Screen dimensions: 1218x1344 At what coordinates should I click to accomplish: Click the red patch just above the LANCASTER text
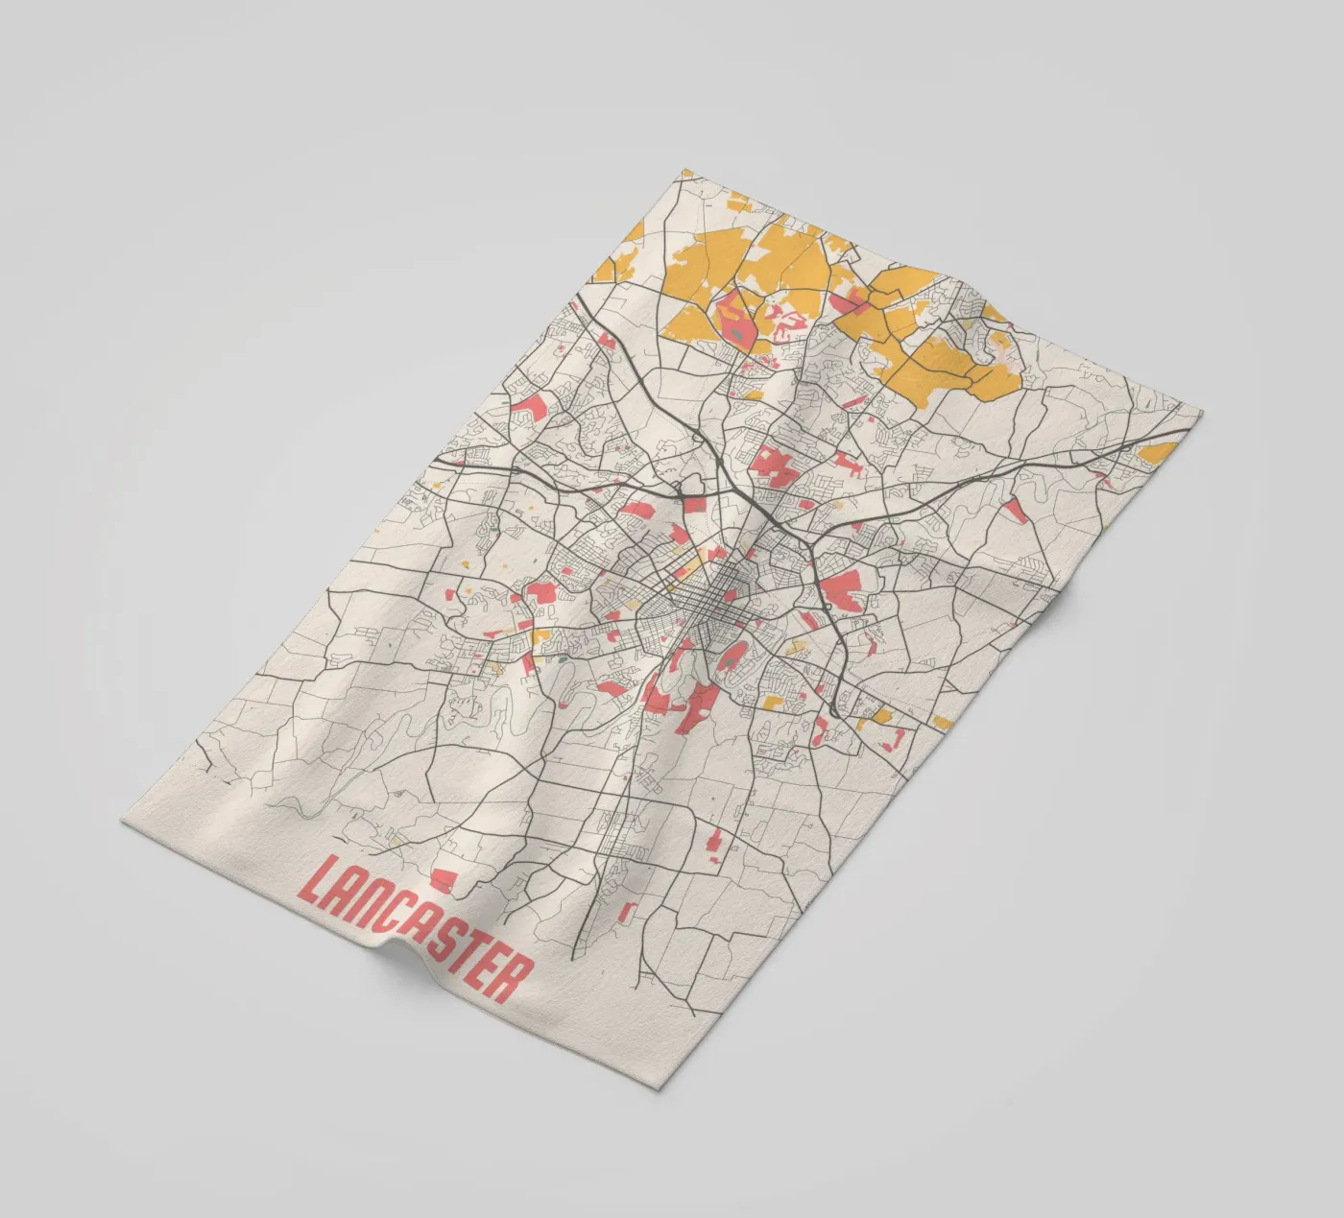pyautogui.click(x=443, y=875)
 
